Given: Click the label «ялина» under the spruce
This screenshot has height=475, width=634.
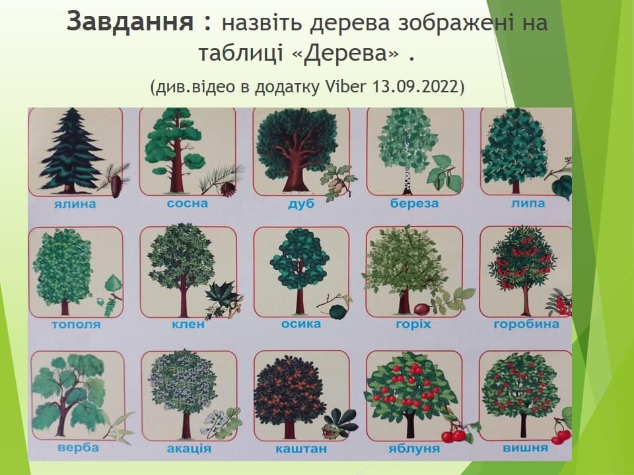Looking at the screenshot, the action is tap(75, 204).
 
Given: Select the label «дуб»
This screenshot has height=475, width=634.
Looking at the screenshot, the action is tap(301, 203).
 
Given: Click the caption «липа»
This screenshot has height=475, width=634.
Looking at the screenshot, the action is tap(528, 203).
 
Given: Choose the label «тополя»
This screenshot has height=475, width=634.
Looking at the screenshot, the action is tap(76, 325).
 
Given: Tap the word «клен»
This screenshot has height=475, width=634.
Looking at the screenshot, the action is tap(188, 324).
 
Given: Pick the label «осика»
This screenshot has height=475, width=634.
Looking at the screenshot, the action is tap(301, 323).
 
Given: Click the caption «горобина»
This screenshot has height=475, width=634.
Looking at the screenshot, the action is tap(526, 325).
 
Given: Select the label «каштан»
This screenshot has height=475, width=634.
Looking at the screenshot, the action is tap(301, 449).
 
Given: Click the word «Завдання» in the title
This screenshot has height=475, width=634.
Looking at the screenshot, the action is tap(130, 22).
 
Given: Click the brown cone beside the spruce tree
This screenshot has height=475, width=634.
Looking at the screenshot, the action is tap(116, 186).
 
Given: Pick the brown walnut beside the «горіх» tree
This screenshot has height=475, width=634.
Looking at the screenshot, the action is tap(422, 309).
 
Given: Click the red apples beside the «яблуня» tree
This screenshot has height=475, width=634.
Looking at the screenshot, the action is tap(454, 436).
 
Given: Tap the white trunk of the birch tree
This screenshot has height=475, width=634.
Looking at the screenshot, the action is tap(407, 182).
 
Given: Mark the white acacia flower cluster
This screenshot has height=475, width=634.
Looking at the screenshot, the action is tap(212, 422).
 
